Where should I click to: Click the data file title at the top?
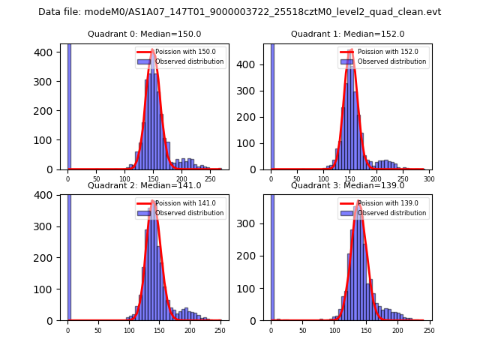[239, 12]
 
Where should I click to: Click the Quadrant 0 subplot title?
[144, 34]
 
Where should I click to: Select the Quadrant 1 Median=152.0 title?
[347, 34]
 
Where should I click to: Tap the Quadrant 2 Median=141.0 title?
[144, 185]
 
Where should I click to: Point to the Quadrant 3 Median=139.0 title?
[347, 185]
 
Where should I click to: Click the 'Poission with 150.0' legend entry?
[175, 52]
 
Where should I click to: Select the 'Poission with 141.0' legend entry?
[175, 202]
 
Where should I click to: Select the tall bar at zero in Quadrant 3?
[271, 255]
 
